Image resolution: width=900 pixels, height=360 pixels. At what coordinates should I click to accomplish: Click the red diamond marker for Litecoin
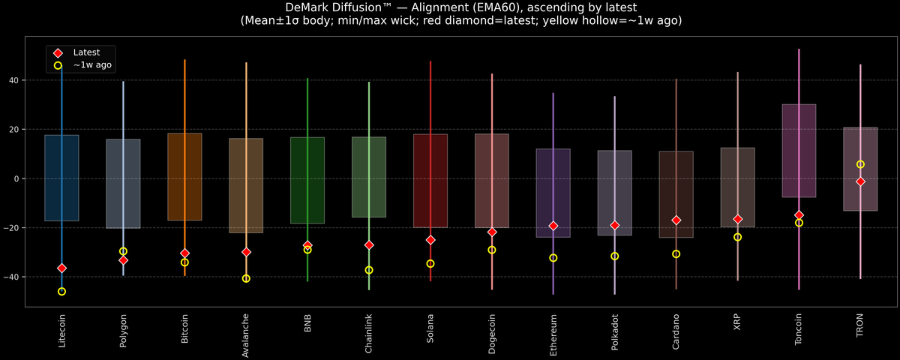(x=61, y=268)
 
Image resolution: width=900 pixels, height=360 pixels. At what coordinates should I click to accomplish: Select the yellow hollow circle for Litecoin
(x=61, y=291)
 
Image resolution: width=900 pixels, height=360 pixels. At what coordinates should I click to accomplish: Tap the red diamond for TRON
(x=860, y=181)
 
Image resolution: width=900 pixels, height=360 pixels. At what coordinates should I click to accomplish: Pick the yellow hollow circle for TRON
(x=860, y=164)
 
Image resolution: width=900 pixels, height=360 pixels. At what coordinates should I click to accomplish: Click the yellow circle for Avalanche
(x=246, y=278)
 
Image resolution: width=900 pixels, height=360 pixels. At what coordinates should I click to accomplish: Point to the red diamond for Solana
(x=430, y=240)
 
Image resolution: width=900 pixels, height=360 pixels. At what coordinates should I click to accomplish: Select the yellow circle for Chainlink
(x=369, y=270)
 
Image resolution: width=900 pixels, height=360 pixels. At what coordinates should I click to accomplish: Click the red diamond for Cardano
(x=676, y=220)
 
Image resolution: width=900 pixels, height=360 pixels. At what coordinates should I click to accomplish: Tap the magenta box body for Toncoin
(x=799, y=150)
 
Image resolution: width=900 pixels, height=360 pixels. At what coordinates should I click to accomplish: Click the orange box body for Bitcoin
(x=184, y=176)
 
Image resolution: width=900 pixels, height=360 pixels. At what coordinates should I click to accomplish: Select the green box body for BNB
(x=307, y=180)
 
